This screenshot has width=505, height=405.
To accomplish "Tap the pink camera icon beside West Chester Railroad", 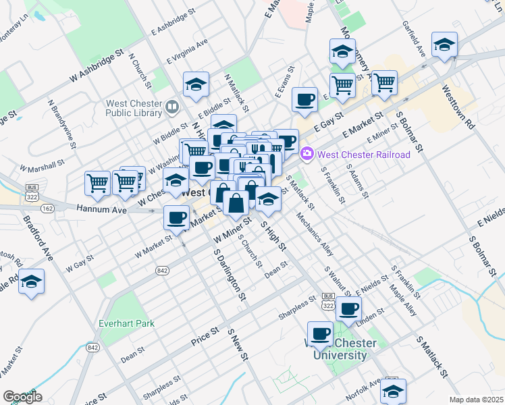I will [308, 155].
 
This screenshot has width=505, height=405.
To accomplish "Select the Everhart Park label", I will [126, 323].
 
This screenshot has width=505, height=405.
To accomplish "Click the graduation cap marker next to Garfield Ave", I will [444, 45].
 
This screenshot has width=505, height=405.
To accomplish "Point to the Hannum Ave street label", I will [101, 211].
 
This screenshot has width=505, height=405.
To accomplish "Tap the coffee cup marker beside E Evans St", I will [304, 100].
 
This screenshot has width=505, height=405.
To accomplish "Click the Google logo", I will [22, 396].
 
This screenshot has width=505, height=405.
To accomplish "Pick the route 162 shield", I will [47, 209].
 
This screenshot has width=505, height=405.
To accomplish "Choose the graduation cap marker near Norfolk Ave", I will [393, 390].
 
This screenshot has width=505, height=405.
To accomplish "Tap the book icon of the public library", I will [172, 107].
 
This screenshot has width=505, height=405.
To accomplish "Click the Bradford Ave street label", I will [38, 238].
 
